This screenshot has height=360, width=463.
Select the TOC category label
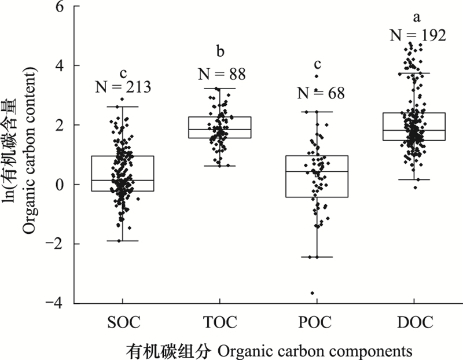219,322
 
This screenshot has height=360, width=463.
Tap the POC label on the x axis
317,322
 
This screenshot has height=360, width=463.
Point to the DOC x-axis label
414,322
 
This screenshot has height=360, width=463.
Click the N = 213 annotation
123,87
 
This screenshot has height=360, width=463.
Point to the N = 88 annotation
221,74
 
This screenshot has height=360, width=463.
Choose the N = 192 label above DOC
417,35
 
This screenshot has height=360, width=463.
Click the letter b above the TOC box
220,53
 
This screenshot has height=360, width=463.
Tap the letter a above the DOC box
414,16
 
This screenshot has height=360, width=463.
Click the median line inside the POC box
317,171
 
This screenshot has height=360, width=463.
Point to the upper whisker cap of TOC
219,89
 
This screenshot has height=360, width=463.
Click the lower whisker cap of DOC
414,179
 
